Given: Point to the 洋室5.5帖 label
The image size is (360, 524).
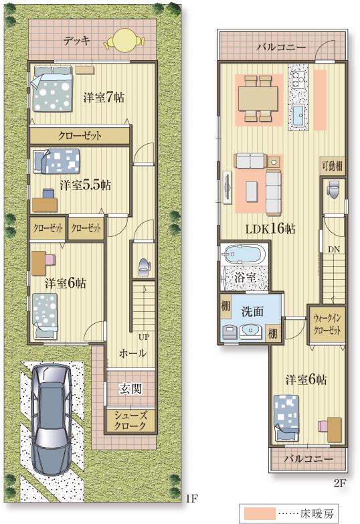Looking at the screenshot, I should (85, 184).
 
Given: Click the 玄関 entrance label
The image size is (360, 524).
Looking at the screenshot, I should (130, 388).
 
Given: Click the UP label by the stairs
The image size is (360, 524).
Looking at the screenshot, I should (143, 337).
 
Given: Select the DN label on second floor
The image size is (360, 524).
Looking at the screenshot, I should (333, 249).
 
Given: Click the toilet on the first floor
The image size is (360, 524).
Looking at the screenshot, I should (143, 266).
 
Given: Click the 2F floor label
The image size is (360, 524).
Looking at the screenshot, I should (340, 480).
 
